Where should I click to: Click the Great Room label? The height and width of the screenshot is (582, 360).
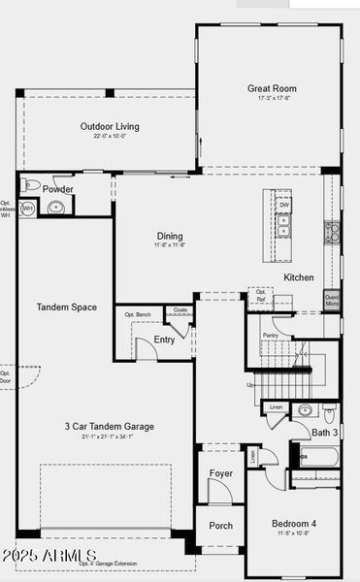point(270,88)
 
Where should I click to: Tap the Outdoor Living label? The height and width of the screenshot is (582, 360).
point(109,126)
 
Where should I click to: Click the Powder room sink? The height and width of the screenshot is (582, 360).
point(54,207)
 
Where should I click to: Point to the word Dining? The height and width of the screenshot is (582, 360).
point(171,236)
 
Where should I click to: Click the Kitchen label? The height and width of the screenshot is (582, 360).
point(299,277)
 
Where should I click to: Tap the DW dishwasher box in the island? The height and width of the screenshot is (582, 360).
point(283,206)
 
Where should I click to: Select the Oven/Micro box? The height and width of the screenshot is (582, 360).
point(331,301)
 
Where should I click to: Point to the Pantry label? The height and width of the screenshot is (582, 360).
point(270,335)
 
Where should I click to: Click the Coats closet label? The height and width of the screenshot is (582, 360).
point(179,310)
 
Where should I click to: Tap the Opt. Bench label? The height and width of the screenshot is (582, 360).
point(138,314)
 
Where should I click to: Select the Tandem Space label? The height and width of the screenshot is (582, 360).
point(67,307)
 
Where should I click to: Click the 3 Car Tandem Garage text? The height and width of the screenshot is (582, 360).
point(110,426)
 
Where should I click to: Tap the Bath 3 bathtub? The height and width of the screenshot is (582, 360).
point(317,454)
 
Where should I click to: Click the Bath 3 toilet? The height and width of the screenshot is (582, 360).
point(330,412)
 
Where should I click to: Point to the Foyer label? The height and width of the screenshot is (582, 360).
point(221,473)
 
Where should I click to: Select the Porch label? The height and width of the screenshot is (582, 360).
point(221,525)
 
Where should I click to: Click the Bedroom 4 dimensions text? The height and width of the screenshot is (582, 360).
point(294,533)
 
